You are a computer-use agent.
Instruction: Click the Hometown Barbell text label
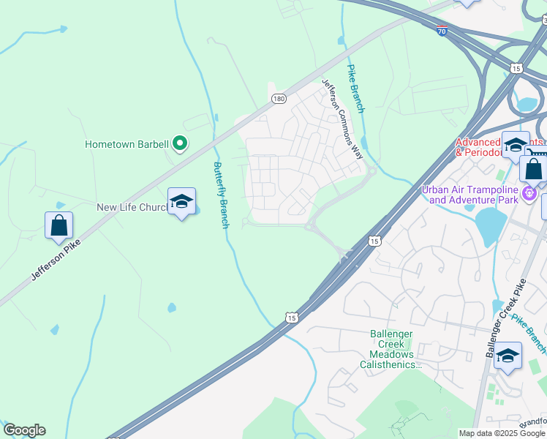tap(127, 144)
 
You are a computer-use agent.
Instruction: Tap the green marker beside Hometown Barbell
tap(180, 144)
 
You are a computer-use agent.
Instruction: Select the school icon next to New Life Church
tap(181, 202)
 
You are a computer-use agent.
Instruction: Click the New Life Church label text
tap(133, 208)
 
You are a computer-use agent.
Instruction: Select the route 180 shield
tap(278, 98)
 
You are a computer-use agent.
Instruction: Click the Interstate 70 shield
tap(442, 31)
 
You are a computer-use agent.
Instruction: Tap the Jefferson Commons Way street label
tap(342, 119)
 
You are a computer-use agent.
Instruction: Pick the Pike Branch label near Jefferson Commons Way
tap(355, 88)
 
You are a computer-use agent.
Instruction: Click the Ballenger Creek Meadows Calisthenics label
tap(391, 349)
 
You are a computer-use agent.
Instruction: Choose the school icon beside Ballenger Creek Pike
tap(508, 356)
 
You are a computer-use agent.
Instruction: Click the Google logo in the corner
tap(24, 430)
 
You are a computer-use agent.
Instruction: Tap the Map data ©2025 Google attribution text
tap(502, 433)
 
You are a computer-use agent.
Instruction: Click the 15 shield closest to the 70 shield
tap(516, 68)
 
